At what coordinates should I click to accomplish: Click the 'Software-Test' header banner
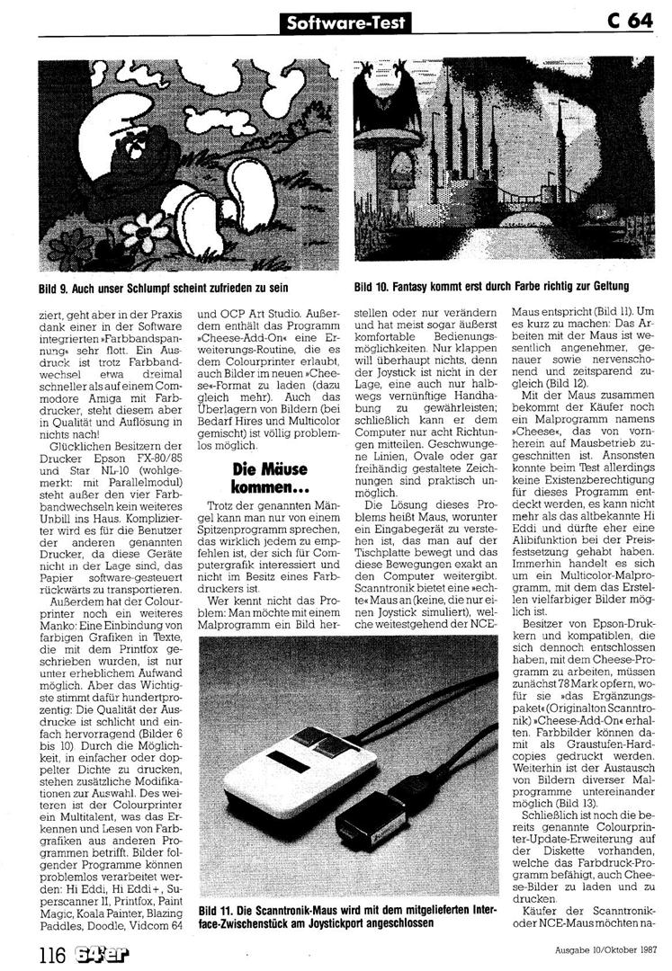343,21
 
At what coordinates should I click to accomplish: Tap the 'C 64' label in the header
629,21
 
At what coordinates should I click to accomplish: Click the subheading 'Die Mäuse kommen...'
268,477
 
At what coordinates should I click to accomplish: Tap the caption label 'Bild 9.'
57,287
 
